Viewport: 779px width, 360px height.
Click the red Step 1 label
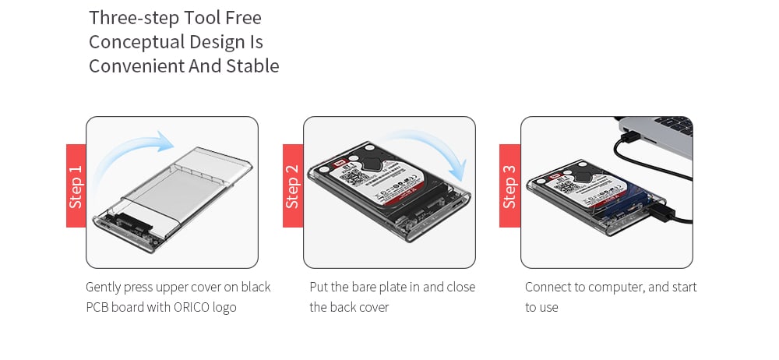[x=76, y=185]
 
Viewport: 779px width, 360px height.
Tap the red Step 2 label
[x=292, y=185]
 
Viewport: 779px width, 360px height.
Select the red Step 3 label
[x=509, y=185]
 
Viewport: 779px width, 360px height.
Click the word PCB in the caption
[x=99, y=307]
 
